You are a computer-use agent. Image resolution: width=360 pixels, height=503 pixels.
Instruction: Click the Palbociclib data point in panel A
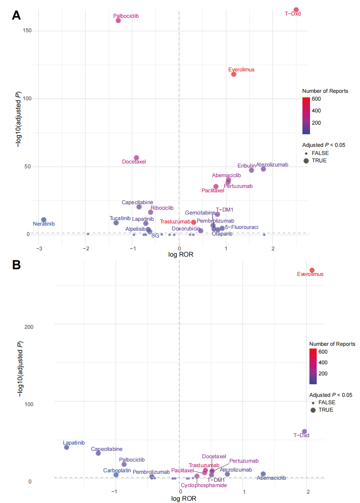tap(118, 21)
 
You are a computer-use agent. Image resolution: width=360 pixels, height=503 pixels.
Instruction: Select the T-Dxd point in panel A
tap(296, 10)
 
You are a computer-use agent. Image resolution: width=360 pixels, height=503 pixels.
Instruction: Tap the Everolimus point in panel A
tap(234, 74)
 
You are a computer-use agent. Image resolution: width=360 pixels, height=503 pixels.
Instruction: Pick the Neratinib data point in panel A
tap(44, 220)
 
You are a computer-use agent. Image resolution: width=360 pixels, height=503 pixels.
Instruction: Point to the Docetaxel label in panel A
tap(134, 162)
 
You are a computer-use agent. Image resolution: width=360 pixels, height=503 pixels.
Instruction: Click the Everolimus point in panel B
tap(312, 270)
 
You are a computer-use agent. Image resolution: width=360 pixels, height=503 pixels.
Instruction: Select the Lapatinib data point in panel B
tap(67, 447)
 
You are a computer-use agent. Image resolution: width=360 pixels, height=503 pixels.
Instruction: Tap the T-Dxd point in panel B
tap(305, 432)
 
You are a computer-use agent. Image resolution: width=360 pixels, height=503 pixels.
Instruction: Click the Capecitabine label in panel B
tap(107, 449)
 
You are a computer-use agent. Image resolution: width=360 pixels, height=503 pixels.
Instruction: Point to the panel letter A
tap(16, 15)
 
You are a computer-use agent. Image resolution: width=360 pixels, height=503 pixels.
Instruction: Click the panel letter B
tap(16, 265)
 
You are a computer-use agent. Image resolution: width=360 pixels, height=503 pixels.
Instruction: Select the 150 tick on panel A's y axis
tap(27, 31)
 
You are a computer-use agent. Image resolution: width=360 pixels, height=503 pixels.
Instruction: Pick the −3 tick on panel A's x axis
tap(39, 249)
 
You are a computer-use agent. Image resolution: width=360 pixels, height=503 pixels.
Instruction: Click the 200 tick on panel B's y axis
tap(29, 327)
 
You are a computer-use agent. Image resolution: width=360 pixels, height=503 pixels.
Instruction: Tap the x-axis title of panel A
tap(181, 254)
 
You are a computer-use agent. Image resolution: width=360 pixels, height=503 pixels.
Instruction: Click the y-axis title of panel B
tap(20, 369)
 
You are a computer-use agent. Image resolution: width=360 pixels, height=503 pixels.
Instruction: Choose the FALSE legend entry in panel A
tap(320, 153)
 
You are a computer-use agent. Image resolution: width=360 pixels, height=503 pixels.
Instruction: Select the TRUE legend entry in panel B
tap(326, 410)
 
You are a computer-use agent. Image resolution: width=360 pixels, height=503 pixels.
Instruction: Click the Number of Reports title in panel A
tap(325, 91)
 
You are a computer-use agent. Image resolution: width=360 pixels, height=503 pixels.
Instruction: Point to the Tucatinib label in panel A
tap(120, 218)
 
